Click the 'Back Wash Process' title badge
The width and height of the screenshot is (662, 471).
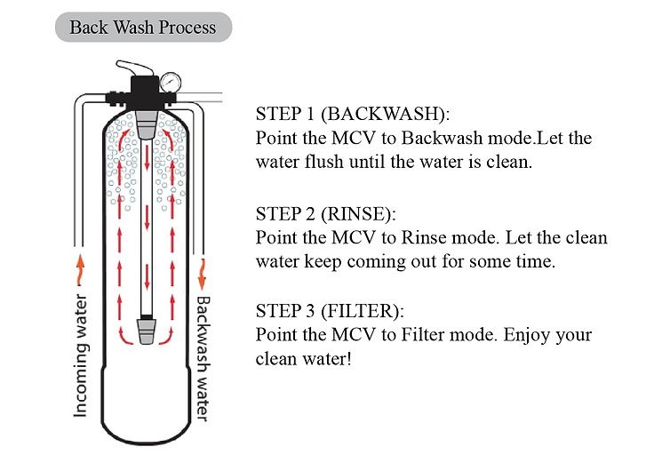(x=142, y=27)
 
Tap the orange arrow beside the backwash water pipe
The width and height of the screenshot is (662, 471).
(x=203, y=265)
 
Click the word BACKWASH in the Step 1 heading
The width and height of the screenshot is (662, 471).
(x=383, y=115)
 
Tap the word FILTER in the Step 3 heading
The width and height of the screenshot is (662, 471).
(x=360, y=312)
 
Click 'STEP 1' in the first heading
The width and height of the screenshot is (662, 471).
(x=283, y=115)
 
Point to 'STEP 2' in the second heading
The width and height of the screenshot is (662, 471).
(x=283, y=214)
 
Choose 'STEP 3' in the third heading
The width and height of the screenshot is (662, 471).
(x=283, y=312)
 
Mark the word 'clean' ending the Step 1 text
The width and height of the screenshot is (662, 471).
(x=510, y=163)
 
